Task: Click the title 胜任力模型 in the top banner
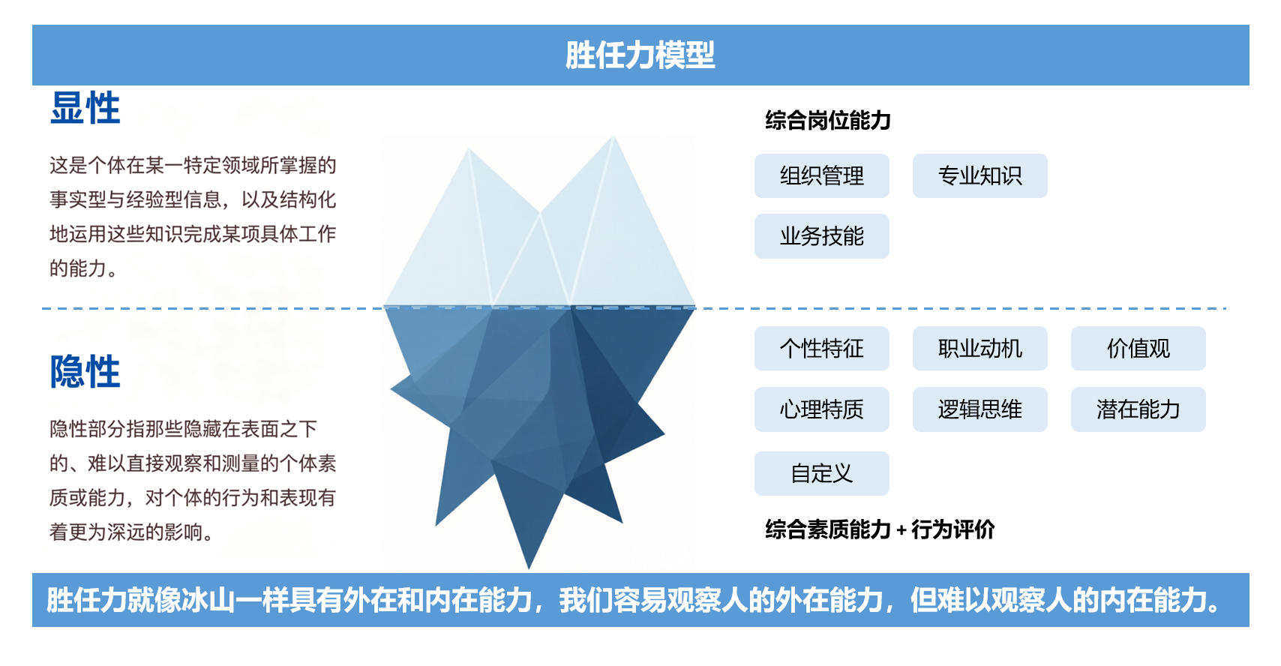point(640,55)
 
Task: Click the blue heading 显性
point(85,108)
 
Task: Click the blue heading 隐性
point(85,371)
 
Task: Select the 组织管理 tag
point(822,175)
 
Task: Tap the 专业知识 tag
point(979,175)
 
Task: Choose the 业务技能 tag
point(822,236)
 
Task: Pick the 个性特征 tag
point(822,348)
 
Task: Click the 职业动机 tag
point(979,348)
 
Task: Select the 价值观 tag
point(1138,348)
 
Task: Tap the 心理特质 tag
point(822,409)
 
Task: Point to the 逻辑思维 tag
point(979,409)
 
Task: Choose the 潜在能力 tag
point(1138,409)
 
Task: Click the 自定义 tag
point(822,473)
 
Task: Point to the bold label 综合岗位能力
point(828,121)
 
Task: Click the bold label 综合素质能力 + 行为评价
point(880,529)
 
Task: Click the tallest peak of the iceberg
point(613,137)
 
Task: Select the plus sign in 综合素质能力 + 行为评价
point(901,530)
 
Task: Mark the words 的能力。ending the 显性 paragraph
point(83,268)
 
